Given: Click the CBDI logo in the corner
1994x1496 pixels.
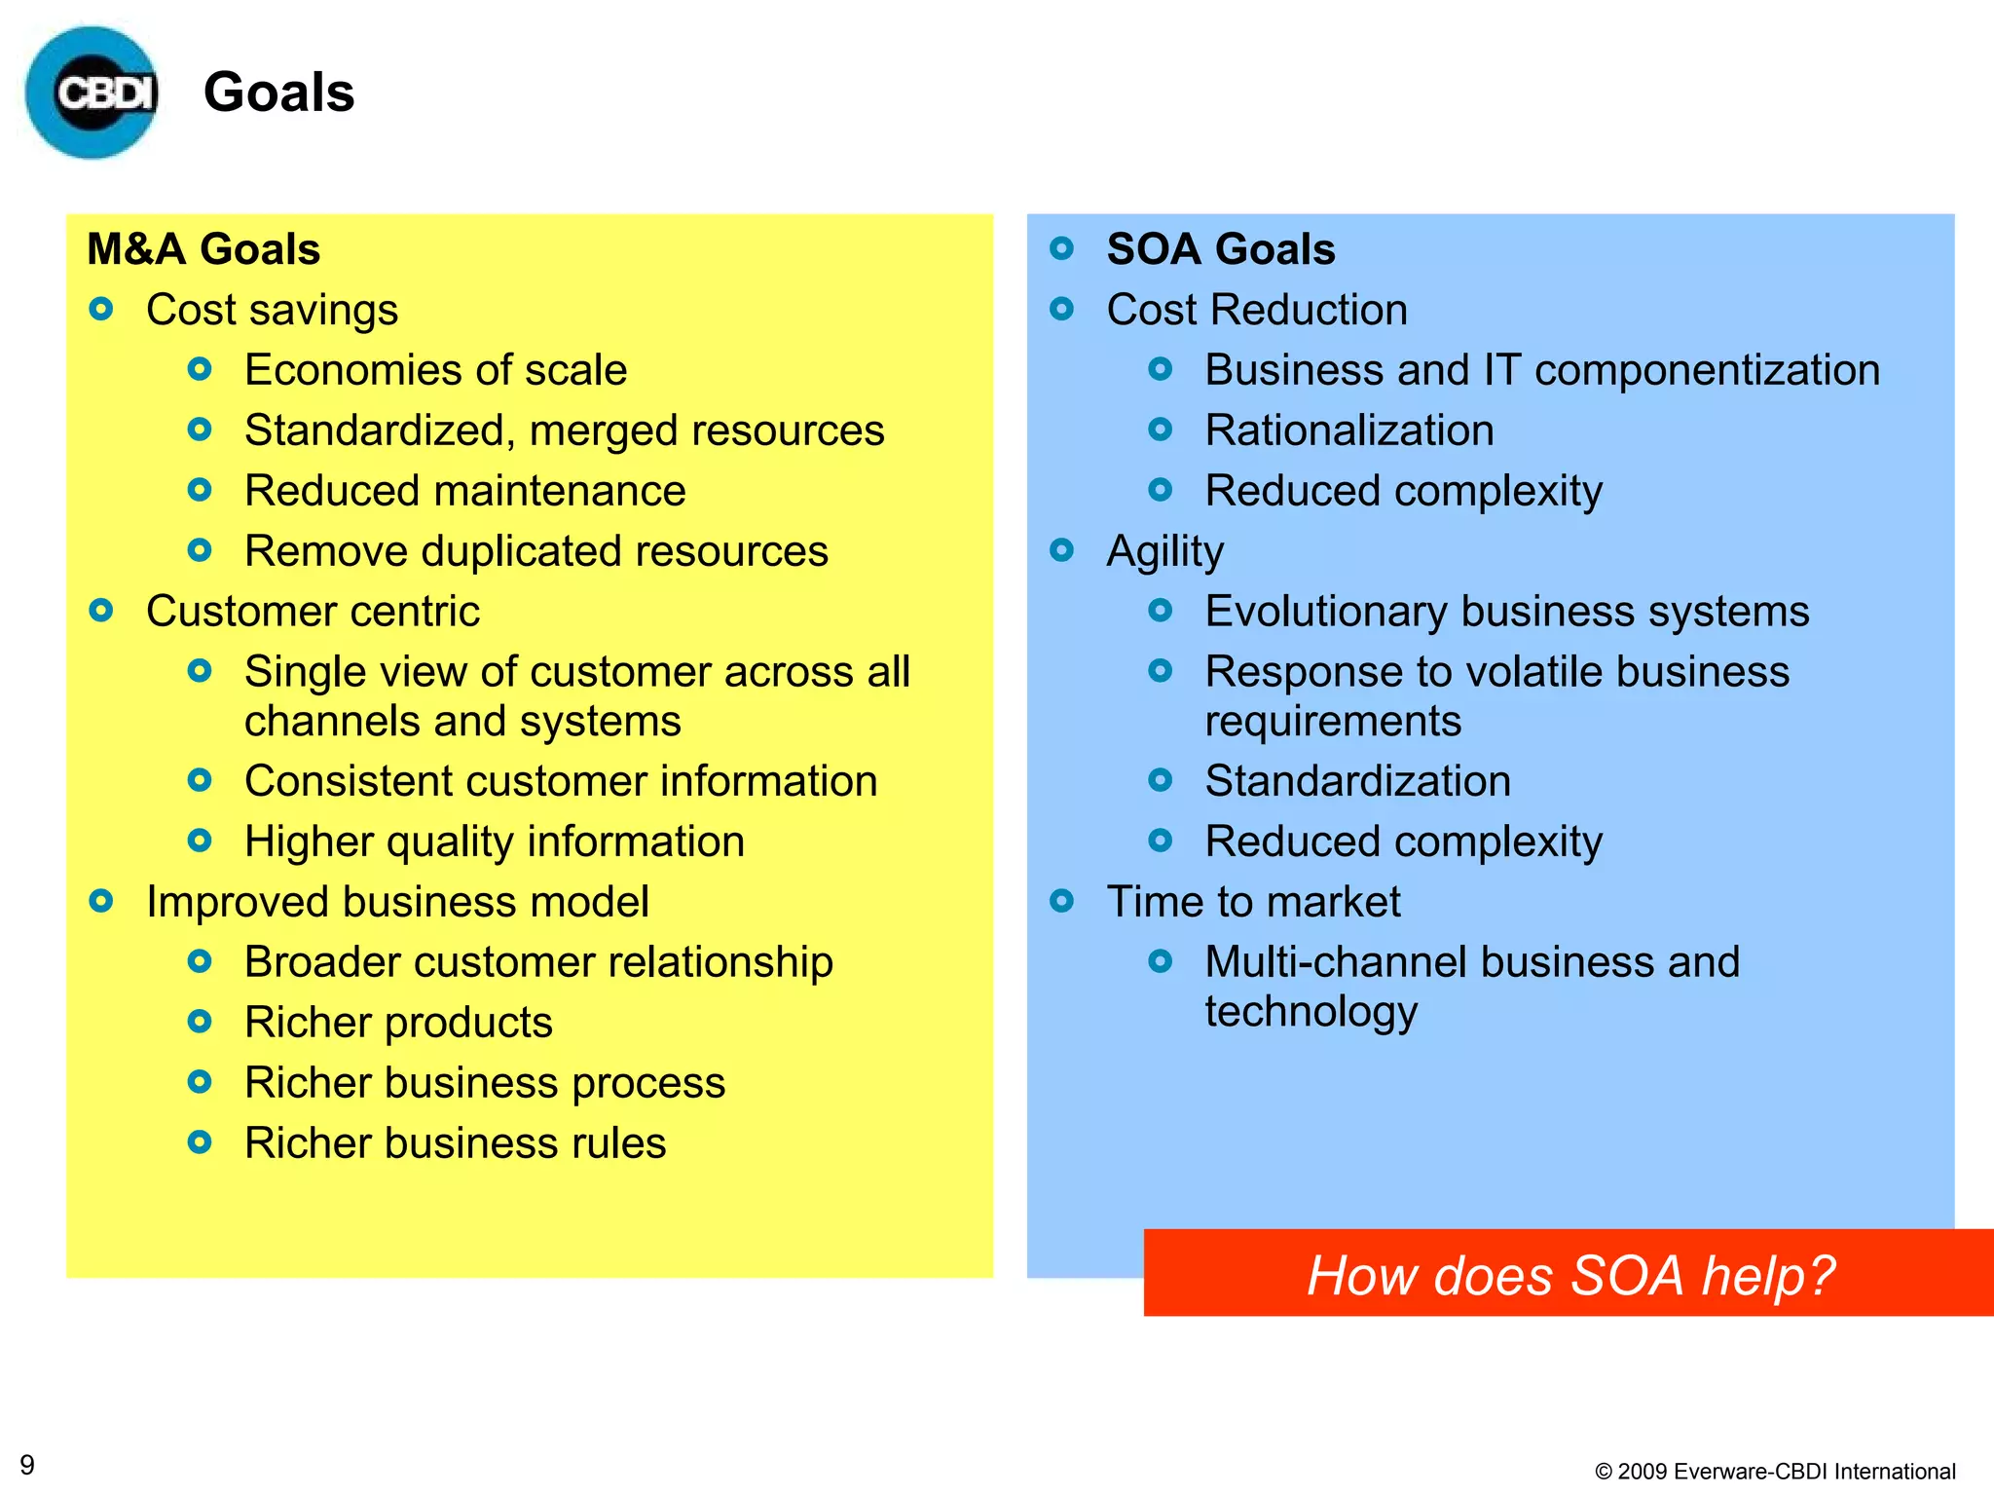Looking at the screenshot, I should pyautogui.click(x=92, y=93).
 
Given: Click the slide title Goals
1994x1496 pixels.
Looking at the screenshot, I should pyautogui.click(x=278, y=93).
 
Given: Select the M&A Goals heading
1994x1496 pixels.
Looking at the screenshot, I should pyautogui.click(x=203, y=249).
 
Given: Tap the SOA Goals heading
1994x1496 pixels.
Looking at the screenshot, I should pyautogui.click(x=1220, y=249).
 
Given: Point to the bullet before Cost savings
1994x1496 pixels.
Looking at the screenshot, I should pyautogui.click(x=101, y=310).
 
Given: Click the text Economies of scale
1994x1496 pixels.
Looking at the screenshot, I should pyautogui.click(x=435, y=370).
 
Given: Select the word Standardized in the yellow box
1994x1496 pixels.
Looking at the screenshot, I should pyautogui.click(x=374, y=430).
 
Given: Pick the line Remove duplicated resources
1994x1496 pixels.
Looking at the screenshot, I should pyautogui.click(x=535, y=551).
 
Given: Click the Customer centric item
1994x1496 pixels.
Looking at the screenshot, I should pyautogui.click(x=313, y=612).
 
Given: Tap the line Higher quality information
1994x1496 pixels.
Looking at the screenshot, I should pyautogui.click(x=494, y=841).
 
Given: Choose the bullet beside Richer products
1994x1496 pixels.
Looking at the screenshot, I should pyautogui.click(x=200, y=1022).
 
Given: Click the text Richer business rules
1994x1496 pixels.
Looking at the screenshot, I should pyautogui.click(x=455, y=1143).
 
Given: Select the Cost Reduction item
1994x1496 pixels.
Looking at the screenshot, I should pyautogui.click(x=1256, y=310).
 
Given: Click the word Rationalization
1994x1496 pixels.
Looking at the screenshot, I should pyautogui.click(x=1348, y=430).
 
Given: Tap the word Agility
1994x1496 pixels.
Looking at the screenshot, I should pyautogui.click(x=1164, y=552).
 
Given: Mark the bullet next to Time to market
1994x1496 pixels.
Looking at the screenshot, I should pyautogui.click(x=1062, y=901).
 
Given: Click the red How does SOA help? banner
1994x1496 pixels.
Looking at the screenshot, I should pyautogui.click(x=1569, y=1273).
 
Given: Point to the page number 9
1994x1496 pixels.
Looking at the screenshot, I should pyautogui.click(x=27, y=1465).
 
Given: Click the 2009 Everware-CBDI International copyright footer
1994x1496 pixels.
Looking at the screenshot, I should pyautogui.click(x=1775, y=1471).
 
